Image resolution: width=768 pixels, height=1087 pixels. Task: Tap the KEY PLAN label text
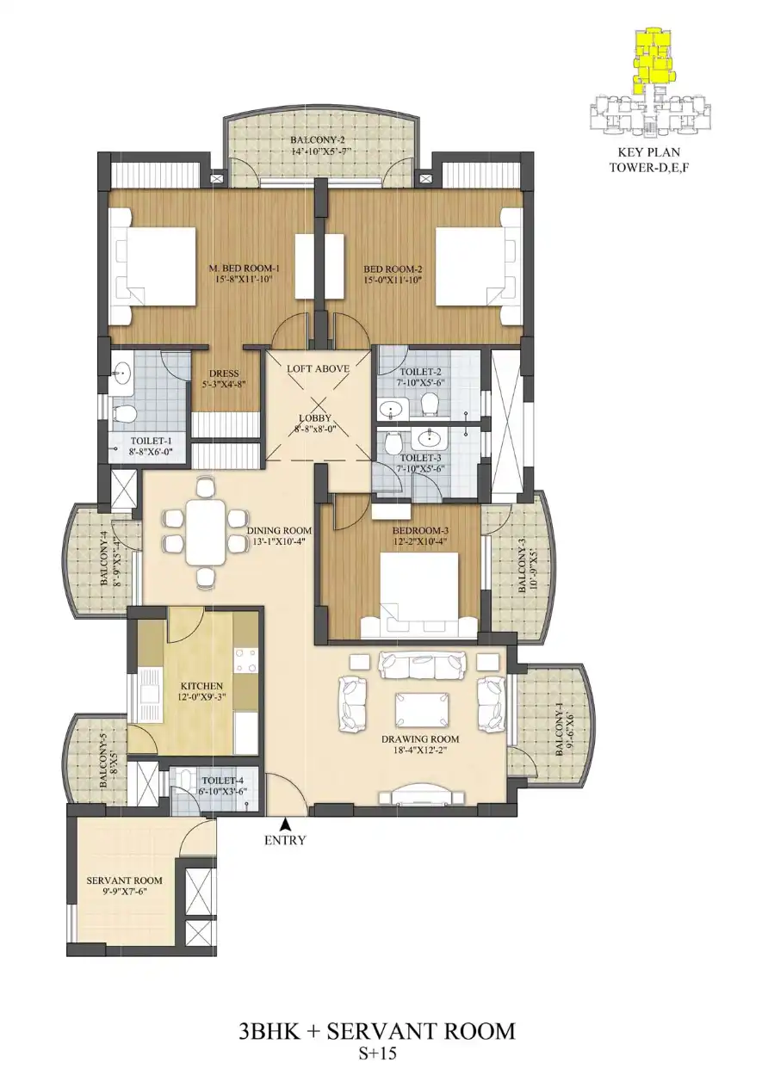(649, 152)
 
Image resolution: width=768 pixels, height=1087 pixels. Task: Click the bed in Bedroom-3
(418, 596)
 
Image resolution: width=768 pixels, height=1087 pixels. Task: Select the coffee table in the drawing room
(421, 710)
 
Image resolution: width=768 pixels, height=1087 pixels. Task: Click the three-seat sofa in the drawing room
(423, 666)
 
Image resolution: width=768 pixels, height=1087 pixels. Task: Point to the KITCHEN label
(202, 686)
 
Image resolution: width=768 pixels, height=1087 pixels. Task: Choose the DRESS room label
(224, 374)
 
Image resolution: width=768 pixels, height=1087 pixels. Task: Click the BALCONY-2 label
(320, 140)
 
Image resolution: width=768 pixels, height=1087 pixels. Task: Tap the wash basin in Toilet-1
(122, 374)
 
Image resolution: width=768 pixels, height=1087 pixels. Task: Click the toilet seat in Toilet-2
(429, 404)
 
